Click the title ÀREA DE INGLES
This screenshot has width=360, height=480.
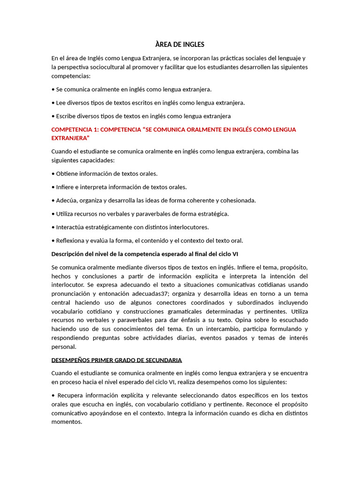(x=180, y=45)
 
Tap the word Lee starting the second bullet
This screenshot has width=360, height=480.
(x=61, y=103)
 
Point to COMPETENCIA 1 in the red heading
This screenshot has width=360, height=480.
(x=75, y=129)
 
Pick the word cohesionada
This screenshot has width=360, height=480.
(x=238, y=200)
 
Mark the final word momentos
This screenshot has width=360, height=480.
(x=67, y=422)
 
